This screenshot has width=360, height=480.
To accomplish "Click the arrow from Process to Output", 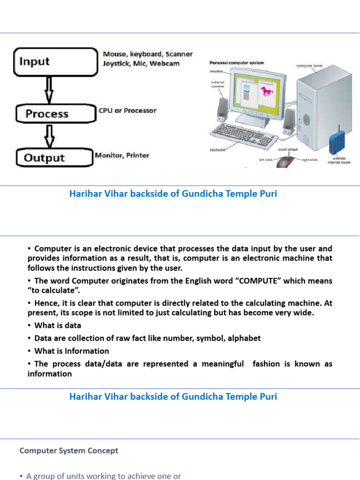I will [49, 135].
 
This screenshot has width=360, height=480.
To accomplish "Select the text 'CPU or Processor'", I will [127, 111].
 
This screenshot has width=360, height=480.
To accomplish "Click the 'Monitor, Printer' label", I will [122, 155].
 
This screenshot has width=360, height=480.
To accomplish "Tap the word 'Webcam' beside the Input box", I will [164, 63].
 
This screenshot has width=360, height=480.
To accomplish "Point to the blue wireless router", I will [337, 142].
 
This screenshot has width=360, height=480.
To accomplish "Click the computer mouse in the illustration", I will [285, 162].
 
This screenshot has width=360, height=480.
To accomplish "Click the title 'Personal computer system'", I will [236, 63].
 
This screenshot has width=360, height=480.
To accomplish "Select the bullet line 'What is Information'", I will [71, 351].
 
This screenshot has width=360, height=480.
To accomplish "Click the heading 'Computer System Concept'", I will [69, 451].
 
